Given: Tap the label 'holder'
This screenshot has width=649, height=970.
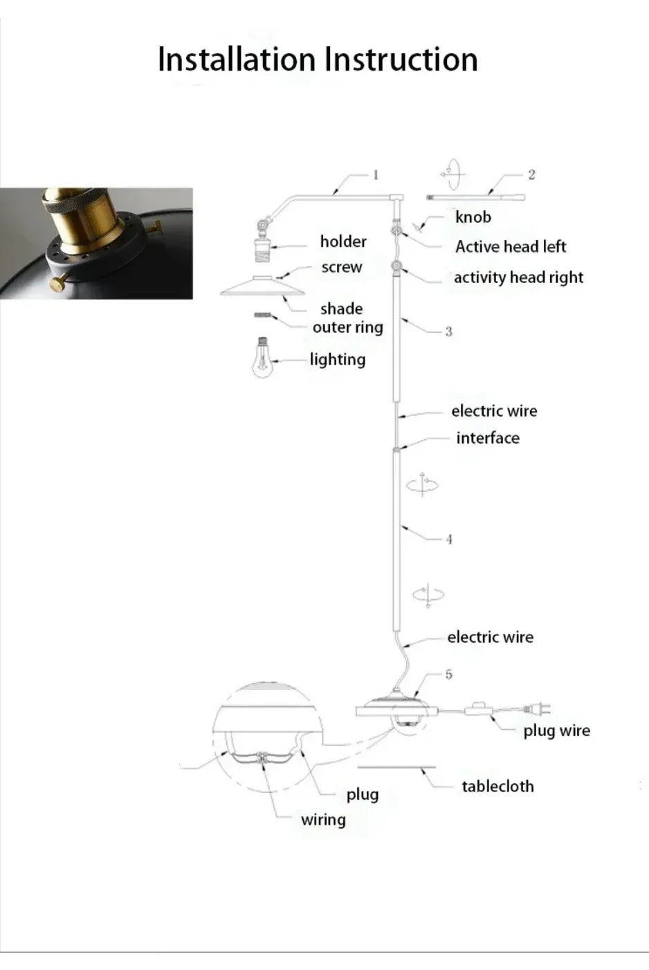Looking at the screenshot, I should click(343, 241).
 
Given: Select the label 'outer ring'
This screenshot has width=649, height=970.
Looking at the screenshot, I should click(347, 327).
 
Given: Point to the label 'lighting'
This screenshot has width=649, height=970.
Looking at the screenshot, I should click(338, 359).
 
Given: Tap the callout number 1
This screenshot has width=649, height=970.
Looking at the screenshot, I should click(376, 174).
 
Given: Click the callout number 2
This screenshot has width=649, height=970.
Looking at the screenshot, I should click(531, 174).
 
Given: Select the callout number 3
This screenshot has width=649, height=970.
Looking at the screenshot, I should click(448, 331).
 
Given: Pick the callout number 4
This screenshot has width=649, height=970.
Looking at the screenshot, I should click(449, 539).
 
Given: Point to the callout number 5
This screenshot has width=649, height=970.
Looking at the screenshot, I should click(448, 674).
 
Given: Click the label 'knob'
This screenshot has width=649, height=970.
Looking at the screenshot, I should click(473, 217).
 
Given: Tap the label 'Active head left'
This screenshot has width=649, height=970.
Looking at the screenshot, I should click(511, 247).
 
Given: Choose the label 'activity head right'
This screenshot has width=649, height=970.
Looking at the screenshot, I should click(518, 277).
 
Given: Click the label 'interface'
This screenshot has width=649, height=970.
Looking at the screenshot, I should click(488, 438).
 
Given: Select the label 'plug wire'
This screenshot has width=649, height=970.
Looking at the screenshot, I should click(556, 731).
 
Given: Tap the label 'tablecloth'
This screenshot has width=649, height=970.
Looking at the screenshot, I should click(497, 787).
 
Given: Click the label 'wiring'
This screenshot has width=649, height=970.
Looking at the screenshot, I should click(323, 820).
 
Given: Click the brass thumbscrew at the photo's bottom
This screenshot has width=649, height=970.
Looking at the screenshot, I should click(60, 281).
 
